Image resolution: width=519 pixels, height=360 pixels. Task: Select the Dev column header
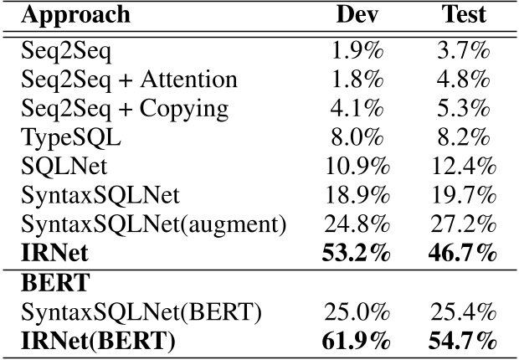pos(355,16)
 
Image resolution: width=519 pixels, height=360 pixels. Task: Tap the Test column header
pos(465,16)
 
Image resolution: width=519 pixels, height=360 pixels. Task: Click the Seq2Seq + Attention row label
pos(129,80)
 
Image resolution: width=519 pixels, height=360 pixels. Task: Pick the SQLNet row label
pos(58,166)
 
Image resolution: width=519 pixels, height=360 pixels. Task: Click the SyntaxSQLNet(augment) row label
pos(153,224)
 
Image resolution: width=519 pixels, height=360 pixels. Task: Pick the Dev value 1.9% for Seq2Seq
pos(359,50)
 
